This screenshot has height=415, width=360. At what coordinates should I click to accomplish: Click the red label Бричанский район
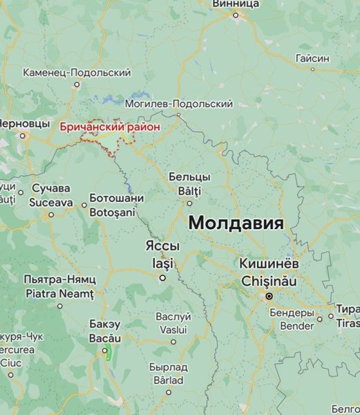click(110, 127)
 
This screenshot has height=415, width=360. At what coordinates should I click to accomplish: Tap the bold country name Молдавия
click(236, 223)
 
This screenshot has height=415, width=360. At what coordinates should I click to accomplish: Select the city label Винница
click(236, 3)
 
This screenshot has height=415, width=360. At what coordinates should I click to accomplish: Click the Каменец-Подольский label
click(77, 72)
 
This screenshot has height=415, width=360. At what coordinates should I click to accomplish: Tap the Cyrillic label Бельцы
click(189, 177)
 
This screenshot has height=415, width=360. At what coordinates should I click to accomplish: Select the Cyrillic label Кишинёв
click(269, 264)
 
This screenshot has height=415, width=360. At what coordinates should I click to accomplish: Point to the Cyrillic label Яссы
click(162, 246)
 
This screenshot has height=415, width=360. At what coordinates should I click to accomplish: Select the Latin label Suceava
click(50, 203)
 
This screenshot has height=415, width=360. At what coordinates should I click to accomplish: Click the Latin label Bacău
click(105, 338)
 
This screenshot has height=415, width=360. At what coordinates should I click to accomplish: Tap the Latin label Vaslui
click(173, 330)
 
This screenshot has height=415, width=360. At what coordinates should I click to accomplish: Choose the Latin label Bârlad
click(168, 380)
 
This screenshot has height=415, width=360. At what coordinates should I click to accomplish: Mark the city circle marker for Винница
click(236, 15)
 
